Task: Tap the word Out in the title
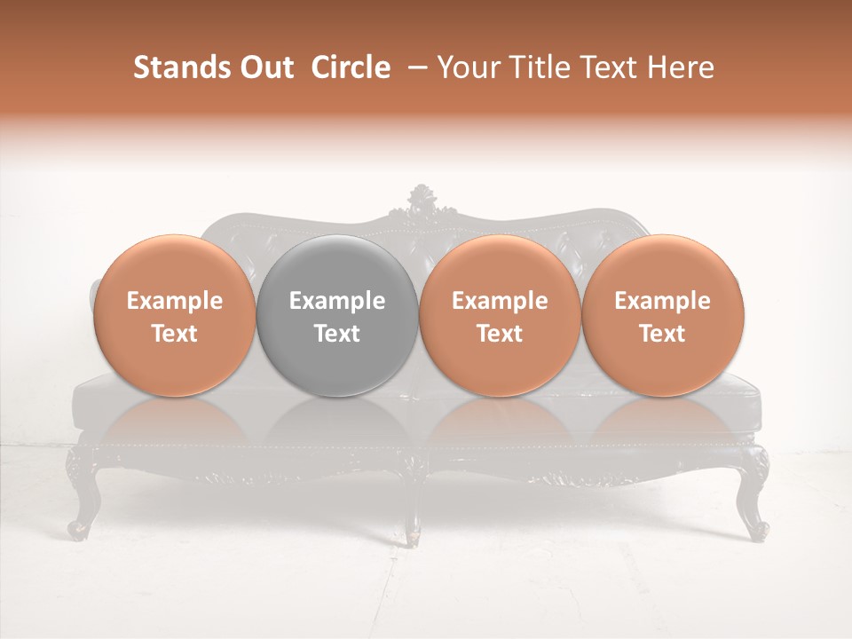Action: pos(264,67)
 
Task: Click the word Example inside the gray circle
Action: pos(337,301)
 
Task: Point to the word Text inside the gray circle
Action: pos(337,334)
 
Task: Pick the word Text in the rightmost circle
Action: pos(662,334)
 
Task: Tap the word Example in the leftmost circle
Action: pos(174,301)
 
